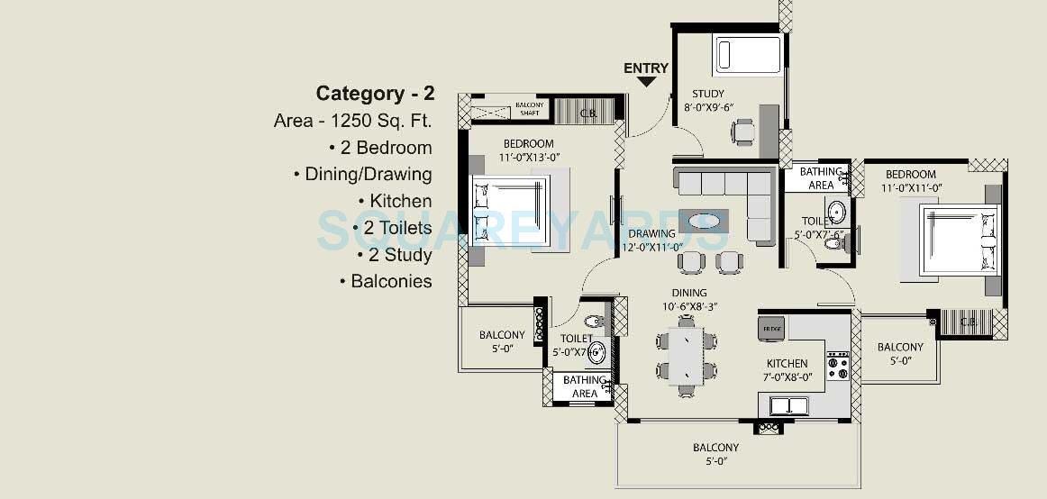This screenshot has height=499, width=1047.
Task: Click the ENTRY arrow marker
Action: pyautogui.click(x=646, y=82)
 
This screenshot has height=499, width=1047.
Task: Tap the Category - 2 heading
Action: pyautogui.click(x=375, y=94)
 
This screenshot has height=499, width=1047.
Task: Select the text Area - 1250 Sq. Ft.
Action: pyautogui.click(x=353, y=121)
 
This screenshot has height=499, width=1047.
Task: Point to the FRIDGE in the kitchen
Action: pyautogui.click(x=770, y=326)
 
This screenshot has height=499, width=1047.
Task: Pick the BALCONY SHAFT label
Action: pyautogui.click(x=529, y=109)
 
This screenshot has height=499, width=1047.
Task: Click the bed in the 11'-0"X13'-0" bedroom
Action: pyautogui.click(x=512, y=212)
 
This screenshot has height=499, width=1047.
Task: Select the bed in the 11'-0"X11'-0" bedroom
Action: pyautogui.click(x=958, y=240)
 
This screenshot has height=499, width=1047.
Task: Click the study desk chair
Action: pyautogui.click(x=743, y=132)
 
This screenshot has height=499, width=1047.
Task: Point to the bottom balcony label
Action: pyautogui.click(x=716, y=453)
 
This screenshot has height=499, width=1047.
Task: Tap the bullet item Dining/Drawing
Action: pyautogui.click(x=363, y=174)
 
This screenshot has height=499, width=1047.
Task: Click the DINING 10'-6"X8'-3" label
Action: pyautogui.click(x=688, y=299)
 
